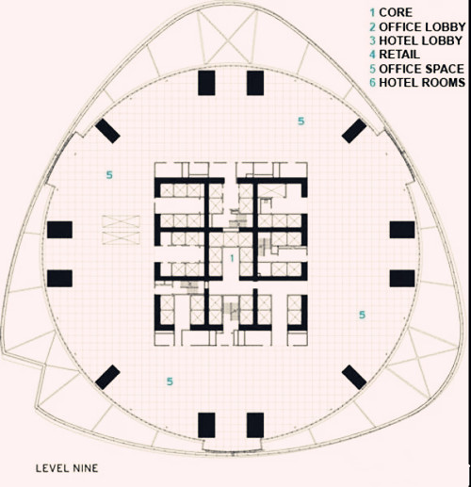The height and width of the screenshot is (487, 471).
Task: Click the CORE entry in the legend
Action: [391, 12]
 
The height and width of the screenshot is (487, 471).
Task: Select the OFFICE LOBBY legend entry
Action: [417, 27]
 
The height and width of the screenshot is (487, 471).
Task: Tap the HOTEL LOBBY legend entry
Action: [416, 41]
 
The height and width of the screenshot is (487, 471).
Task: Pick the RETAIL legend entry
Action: [395, 55]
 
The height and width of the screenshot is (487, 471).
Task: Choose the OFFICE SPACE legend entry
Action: [417, 69]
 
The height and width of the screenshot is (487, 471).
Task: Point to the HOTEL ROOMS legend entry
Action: [417, 82]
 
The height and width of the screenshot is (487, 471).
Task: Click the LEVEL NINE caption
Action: [67, 468]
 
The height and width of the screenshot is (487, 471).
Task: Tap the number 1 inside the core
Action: [232, 258]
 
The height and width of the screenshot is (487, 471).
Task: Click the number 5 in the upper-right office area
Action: [301, 122]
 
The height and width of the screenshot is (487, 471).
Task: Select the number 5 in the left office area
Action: [109, 175]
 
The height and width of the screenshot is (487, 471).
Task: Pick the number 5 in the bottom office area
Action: [170, 381]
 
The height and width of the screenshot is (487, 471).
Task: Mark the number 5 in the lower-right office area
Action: [362, 315]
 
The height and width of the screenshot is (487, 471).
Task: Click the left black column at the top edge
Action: [206, 83]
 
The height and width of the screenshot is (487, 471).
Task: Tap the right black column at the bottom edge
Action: [255, 426]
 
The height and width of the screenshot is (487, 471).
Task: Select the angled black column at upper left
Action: [107, 131]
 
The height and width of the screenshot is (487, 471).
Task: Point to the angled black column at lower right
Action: [354, 377]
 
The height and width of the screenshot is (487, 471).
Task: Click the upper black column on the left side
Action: [59, 230]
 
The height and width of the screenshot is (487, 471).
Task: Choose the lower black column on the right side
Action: [402, 278]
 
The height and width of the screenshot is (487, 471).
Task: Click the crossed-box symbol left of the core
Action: [121, 230]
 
